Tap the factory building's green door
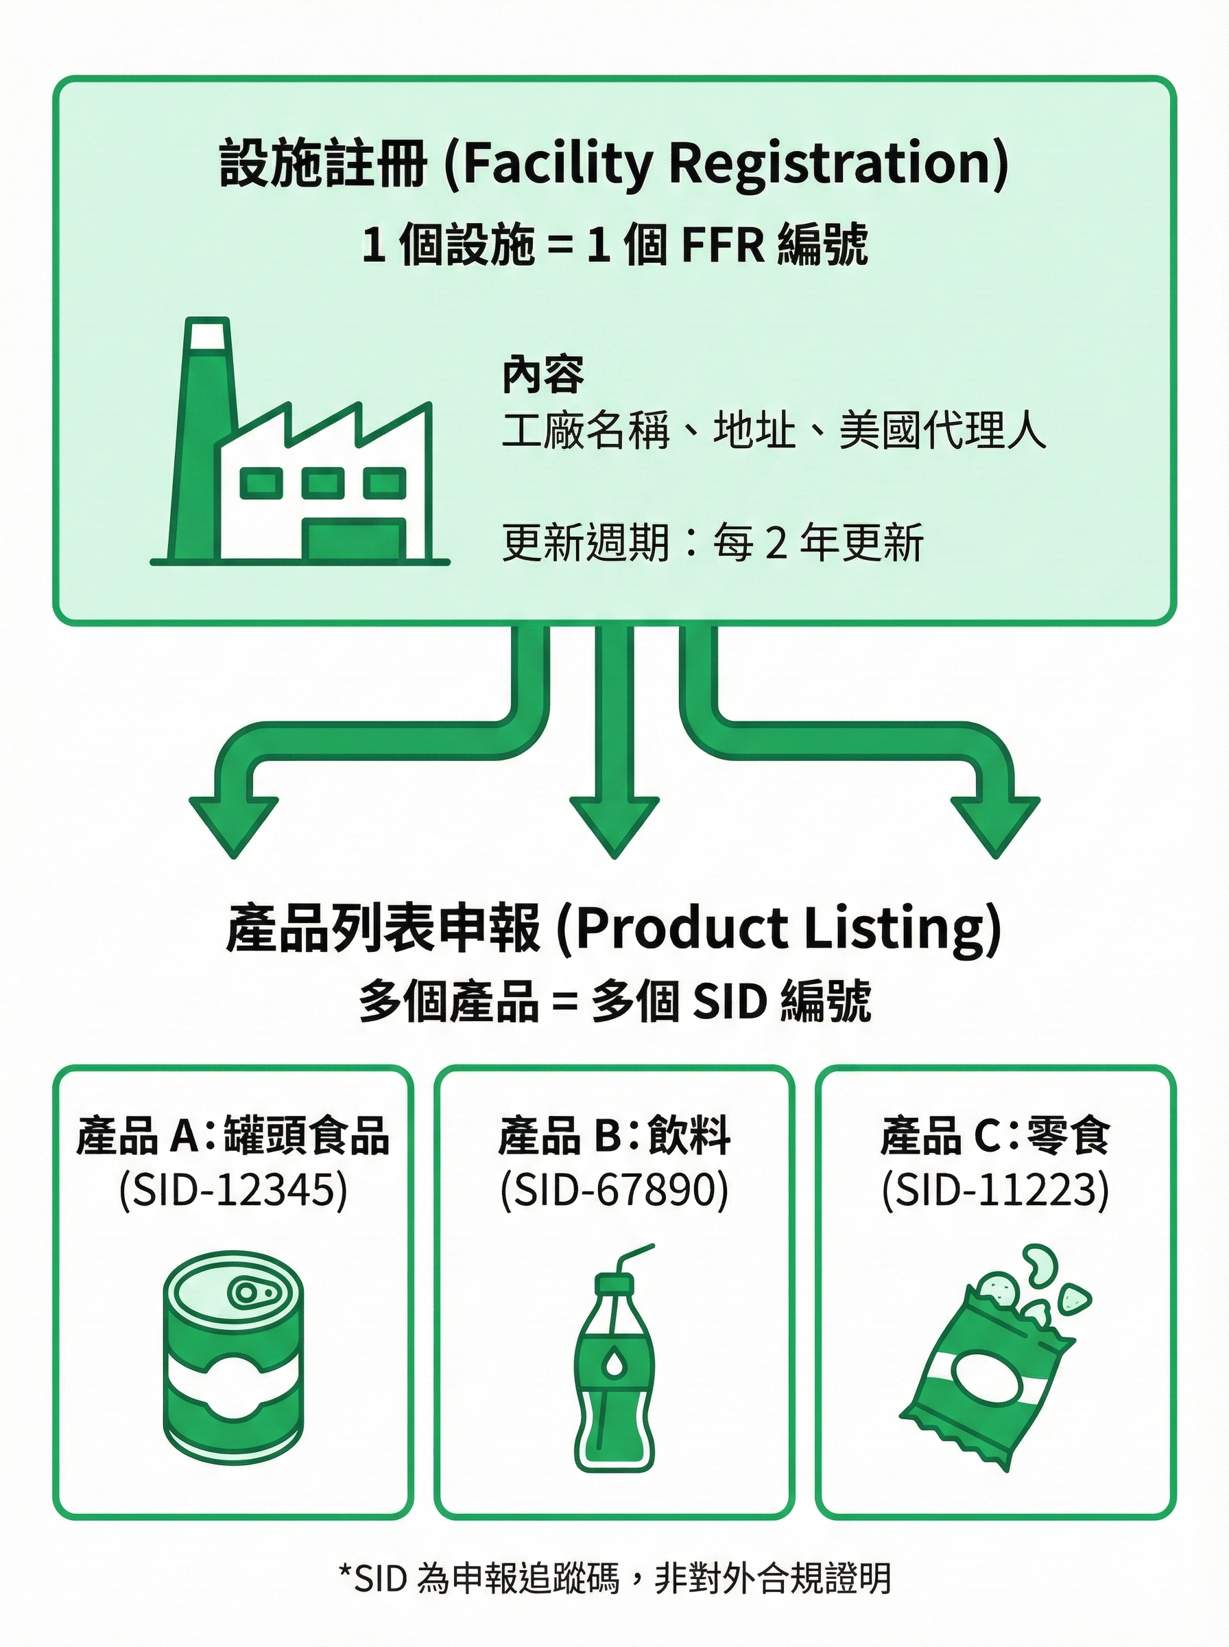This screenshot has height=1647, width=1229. [x=355, y=539]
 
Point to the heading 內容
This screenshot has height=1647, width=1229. [x=543, y=375]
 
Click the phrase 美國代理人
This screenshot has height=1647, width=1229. [x=942, y=430]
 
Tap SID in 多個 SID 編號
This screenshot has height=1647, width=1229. [x=729, y=1002]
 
